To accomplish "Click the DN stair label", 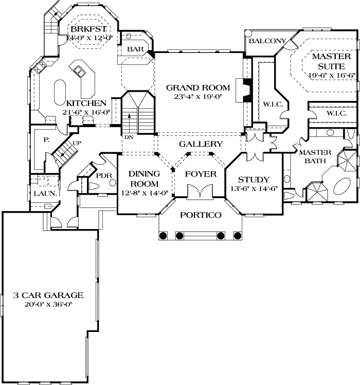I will [x=128, y=137].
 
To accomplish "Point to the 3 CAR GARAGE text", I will [x=48, y=295].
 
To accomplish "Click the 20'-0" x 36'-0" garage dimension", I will [x=48, y=304].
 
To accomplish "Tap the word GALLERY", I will [x=201, y=144].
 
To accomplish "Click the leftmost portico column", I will [x=164, y=235].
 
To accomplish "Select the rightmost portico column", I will [x=237, y=235].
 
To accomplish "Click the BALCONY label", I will [x=267, y=41].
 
